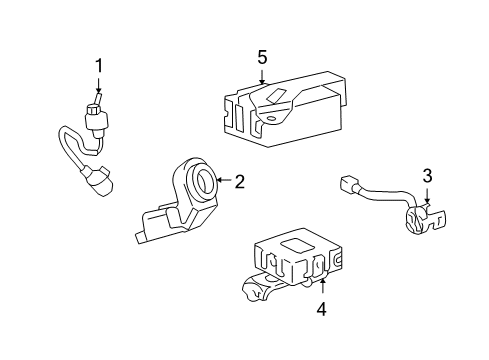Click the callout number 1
click(98, 66)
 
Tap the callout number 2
click(239, 181)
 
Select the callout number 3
click(427, 177)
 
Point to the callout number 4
click(320, 309)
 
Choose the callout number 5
click(262, 57)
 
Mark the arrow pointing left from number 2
click(222, 181)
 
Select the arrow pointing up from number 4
click(320, 284)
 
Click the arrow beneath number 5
click(262, 77)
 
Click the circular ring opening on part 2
click(202, 182)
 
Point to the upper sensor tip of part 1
click(97, 112)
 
